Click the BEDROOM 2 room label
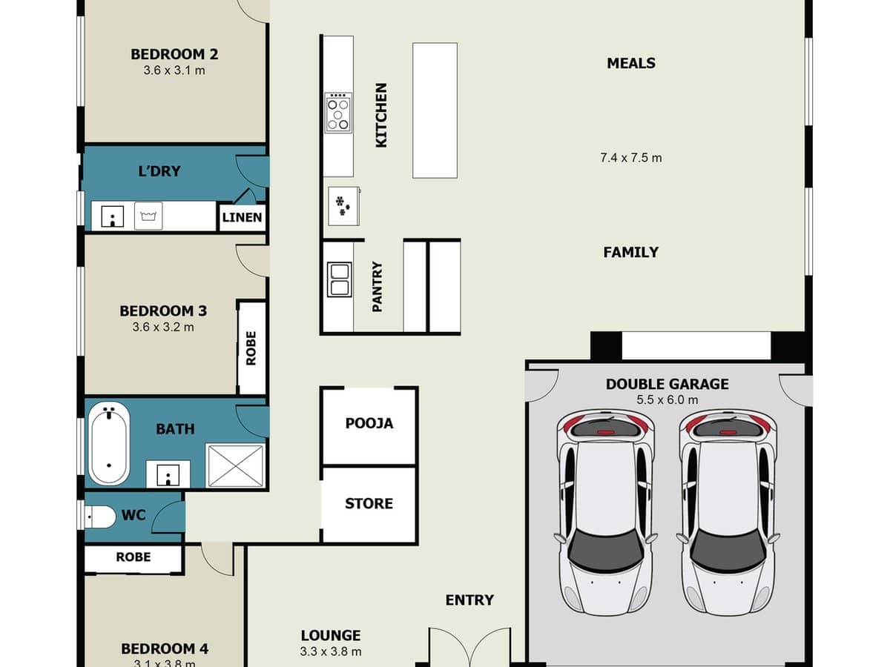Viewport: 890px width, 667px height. pyautogui.click(x=174, y=54)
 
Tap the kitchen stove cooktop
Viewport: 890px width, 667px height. pyautogui.click(x=337, y=113)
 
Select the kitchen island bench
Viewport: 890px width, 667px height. pyautogui.click(x=435, y=110)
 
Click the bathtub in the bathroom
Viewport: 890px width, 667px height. pyautogui.click(x=109, y=444)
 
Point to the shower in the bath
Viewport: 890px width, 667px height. pyautogui.click(x=235, y=465)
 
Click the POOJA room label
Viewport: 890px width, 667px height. pyautogui.click(x=369, y=424)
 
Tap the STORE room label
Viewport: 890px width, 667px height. pyautogui.click(x=369, y=504)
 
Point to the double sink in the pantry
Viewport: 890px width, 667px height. pyautogui.click(x=340, y=279)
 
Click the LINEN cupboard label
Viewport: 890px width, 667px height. pyautogui.click(x=242, y=217)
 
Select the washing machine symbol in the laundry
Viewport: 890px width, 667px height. pyautogui.click(x=148, y=216)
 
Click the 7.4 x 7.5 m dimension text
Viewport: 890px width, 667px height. pyautogui.click(x=631, y=158)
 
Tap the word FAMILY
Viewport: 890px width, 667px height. pyautogui.click(x=631, y=252)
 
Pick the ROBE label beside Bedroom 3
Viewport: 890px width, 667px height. pyautogui.click(x=251, y=348)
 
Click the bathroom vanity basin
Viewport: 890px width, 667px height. pyautogui.click(x=168, y=474)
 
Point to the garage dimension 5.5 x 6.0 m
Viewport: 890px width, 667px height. pyautogui.click(x=667, y=400)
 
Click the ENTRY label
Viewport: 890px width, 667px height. pyautogui.click(x=469, y=600)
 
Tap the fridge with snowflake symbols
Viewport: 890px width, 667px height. pyautogui.click(x=343, y=206)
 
